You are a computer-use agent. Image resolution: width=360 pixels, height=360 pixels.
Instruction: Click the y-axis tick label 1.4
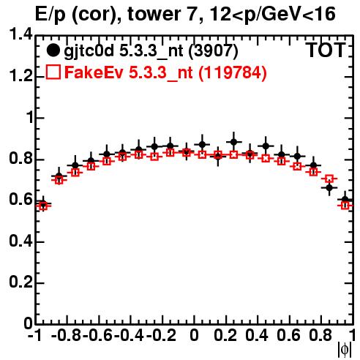click(20, 34)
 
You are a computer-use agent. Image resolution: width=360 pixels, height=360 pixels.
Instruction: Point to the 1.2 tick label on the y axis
click(20, 75)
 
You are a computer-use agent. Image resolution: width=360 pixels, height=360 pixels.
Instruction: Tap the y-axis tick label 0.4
click(20, 241)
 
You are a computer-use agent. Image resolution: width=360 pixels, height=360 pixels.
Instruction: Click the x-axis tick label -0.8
click(66, 335)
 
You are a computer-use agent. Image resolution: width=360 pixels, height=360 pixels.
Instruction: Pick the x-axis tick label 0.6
click(288, 335)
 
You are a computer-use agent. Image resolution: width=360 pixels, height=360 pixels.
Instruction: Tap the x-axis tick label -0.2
click(161, 335)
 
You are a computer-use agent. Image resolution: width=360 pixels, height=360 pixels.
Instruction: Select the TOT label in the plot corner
click(326, 50)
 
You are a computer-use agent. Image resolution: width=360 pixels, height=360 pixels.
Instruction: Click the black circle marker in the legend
click(53, 50)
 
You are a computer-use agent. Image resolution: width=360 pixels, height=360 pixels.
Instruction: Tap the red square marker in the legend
click(53, 72)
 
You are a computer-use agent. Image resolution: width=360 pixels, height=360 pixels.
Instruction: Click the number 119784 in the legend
click(233, 72)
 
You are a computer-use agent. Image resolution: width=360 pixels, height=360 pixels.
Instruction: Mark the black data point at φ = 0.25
click(233, 142)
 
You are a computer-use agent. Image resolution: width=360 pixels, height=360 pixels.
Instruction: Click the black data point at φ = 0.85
click(329, 188)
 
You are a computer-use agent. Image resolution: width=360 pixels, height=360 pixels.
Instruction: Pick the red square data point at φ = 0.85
click(329, 179)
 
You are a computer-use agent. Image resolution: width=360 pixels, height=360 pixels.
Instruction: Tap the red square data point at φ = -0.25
click(154, 157)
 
